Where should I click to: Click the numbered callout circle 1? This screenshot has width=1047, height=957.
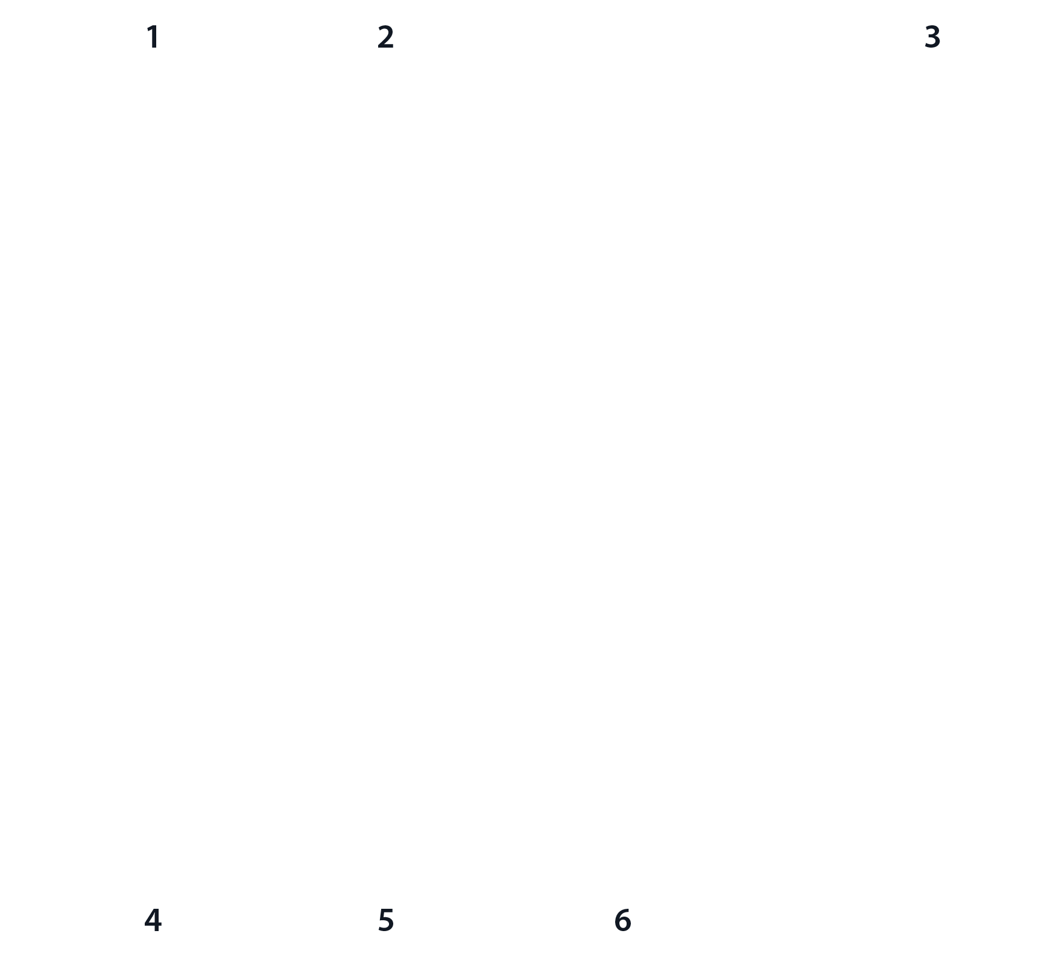coord(153,37)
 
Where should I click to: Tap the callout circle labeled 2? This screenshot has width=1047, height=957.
coord(386,37)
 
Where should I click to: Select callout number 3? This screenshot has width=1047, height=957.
coord(932,37)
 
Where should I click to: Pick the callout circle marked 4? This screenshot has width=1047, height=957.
coord(153,920)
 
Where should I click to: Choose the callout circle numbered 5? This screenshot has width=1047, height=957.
coord(386,920)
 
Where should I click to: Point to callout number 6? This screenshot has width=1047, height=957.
coord(622,920)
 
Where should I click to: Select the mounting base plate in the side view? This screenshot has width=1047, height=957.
coord(682,477)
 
